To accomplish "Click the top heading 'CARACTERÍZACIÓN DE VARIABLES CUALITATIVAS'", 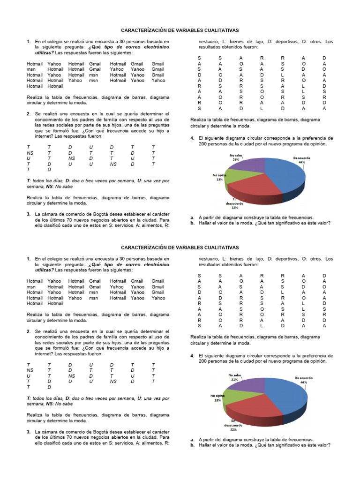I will [x=180, y=30].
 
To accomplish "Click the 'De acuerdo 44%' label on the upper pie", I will [x=302, y=160].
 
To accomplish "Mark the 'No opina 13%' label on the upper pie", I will [x=219, y=177].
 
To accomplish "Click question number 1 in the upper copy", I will [x=29, y=42].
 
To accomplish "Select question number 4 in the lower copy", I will [x=192, y=356].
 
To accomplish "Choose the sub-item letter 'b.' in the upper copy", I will [x=192, y=223].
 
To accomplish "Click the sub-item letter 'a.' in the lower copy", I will [x=192, y=440].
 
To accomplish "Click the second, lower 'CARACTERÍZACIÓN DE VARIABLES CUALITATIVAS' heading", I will [x=180, y=247].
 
